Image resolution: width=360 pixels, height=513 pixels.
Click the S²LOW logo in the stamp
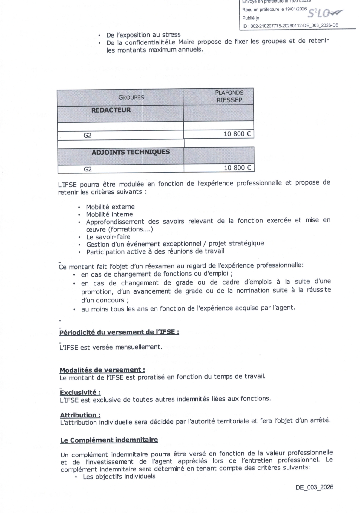(325, 13)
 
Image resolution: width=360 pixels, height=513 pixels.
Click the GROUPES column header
(131, 97)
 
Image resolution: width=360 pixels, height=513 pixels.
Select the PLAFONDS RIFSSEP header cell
(229, 96)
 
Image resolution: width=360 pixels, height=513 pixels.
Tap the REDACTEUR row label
(111, 110)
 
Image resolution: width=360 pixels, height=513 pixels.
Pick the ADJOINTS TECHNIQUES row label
(131, 152)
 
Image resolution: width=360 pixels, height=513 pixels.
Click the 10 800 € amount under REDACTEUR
(237, 134)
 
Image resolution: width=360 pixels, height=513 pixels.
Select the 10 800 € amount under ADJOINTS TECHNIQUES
(237, 168)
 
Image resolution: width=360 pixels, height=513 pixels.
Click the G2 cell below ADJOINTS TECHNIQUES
(88, 169)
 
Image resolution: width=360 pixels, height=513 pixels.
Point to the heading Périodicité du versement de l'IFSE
(119, 332)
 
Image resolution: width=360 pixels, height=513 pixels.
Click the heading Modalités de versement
(102, 370)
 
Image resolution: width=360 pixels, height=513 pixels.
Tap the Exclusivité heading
(80, 392)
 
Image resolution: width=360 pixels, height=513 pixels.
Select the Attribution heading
(80, 415)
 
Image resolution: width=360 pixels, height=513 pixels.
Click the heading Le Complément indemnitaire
(109, 440)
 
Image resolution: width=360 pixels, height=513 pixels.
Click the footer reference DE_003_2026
(314, 487)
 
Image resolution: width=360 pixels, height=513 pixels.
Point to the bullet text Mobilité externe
(110, 207)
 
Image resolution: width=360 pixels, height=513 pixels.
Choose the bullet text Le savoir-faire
(108, 237)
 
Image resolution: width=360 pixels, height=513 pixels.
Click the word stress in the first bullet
(171, 35)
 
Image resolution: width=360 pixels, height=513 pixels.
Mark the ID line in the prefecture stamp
(290, 26)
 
